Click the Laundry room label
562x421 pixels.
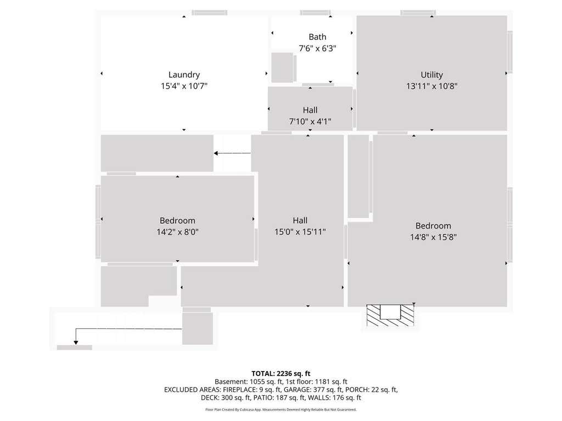[184, 75]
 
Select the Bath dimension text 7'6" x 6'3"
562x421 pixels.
[318, 48]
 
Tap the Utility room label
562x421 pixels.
[432, 75]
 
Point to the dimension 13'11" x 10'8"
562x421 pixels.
[432, 86]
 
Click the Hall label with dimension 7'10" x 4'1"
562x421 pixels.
[310, 110]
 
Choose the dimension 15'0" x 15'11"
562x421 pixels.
[300, 232]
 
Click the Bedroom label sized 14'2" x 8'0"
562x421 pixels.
[177, 220]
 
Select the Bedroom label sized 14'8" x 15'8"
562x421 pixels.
[434, 226]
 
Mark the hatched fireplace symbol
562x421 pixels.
[390, 315]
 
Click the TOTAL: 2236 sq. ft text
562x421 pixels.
[281, 374]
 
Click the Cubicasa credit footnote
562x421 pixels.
[281, 409]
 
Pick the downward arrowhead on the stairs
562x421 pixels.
[76, 343]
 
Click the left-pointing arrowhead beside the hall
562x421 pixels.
[216, 153]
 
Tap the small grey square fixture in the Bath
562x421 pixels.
[282, 67]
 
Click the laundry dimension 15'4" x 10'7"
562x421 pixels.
[184, 86]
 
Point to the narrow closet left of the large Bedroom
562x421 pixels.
[358, 176]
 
